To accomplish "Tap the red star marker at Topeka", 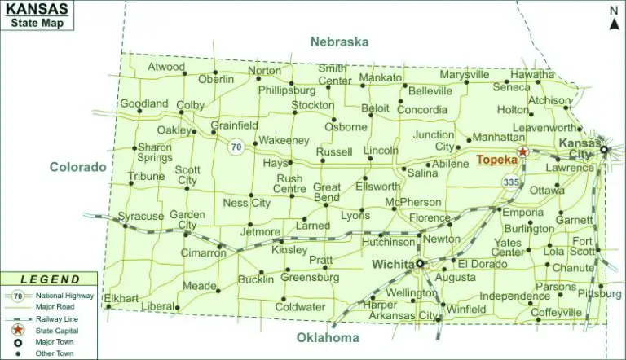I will coord(523,151).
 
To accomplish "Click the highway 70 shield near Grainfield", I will coord(236,147).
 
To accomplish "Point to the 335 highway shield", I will coord(511,182).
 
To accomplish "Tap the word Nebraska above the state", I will coord(339,42).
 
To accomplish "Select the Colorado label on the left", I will coord(78,167).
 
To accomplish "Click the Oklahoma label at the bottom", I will coord(328,338).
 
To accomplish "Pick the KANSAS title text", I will coord(40,9).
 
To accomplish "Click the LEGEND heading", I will coord(51,279).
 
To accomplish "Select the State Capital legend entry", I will coord(55,331).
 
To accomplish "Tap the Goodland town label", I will coord(144,103).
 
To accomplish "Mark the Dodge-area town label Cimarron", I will coord(204,253).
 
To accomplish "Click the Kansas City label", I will coord(575,148).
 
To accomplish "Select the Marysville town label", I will coord(464,75).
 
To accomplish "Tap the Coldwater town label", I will coord(299,307).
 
